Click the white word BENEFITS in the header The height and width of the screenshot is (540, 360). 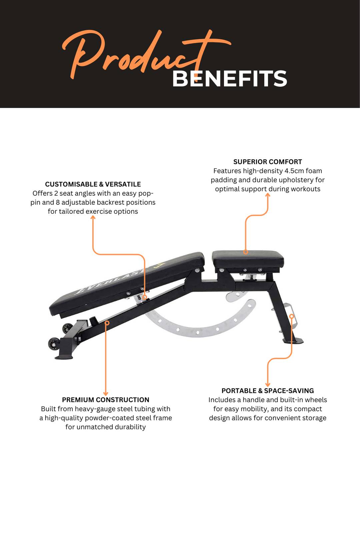tap(229, 79)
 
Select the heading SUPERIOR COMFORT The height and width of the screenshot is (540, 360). tap(267, 162)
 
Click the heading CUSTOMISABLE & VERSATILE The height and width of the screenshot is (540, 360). tap(93, 184)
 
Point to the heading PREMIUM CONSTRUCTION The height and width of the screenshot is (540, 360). tap(105, 400)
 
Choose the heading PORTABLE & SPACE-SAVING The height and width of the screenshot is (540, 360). tap(267, 391)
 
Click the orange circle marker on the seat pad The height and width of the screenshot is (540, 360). tap(246, 252)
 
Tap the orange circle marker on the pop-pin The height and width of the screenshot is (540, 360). tap(145, 297)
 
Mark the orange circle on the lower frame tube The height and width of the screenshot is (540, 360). tap(107, 323)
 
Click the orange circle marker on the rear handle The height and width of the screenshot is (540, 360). tap(292, 316)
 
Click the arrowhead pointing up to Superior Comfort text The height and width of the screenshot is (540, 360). tap(268, 195)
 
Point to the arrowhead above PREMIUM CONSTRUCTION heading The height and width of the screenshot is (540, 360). tap(106, 394)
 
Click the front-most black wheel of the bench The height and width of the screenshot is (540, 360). tap(54, 343)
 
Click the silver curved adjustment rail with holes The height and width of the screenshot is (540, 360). tap(200, 330)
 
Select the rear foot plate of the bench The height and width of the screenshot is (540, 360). tap(293, 341)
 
